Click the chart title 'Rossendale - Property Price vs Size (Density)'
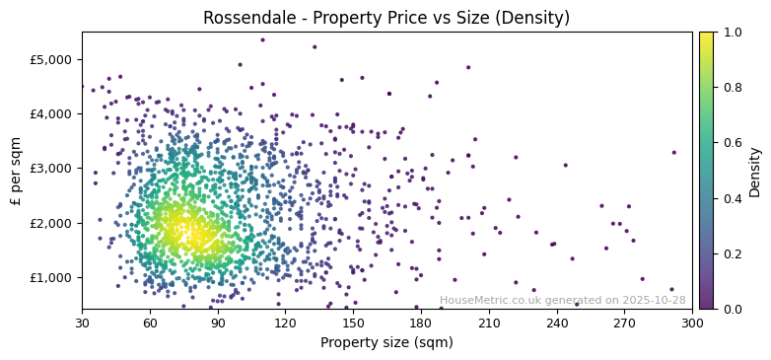click(386, 18)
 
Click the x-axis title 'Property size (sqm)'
click(386, 342)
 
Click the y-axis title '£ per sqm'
click(16, 171)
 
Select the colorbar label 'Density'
click(754, 171)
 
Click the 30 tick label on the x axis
click(82, 323)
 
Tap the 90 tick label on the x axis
click(218, 323)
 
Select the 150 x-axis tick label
click(353, 323)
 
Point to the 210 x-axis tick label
click(489, 323)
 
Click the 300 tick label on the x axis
click(692, 323)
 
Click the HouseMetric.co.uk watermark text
click(562, 301)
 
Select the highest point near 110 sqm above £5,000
click(262, 40)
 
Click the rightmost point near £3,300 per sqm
click(674, 152)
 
